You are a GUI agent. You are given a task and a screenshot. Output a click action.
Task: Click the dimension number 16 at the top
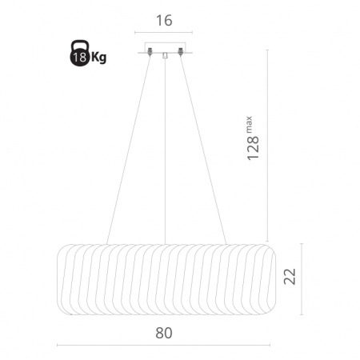[164, 21]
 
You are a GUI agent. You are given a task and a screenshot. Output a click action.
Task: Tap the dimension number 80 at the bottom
[164, 333]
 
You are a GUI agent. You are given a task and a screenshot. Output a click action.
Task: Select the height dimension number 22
[290, 276]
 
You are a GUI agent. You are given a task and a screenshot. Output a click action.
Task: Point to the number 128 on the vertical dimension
[253, 148]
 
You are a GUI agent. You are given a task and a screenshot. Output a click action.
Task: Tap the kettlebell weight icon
[79, 53]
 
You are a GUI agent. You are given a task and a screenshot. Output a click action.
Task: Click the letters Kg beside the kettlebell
[98, 58]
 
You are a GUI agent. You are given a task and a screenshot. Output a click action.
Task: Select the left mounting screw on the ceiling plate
[150, 51]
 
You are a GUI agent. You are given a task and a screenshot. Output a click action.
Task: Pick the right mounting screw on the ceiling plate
[181, 51]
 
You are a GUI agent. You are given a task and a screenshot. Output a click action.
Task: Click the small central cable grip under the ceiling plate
[165, 55]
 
